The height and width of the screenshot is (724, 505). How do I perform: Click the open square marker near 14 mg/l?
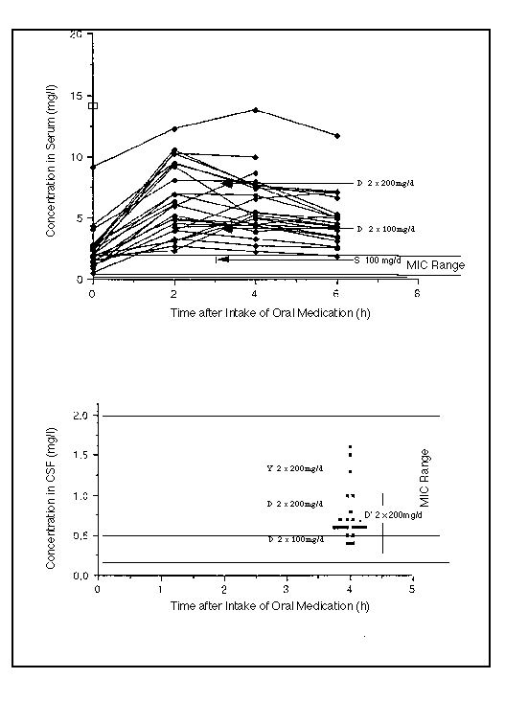pos(93,104)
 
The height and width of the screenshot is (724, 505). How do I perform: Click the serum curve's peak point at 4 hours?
pos(255,110)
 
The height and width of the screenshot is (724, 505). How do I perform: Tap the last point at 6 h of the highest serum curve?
pos(336,136)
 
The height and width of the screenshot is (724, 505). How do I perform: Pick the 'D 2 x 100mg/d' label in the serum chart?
pos(385,230)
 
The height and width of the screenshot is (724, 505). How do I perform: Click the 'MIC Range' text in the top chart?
pos(435,264)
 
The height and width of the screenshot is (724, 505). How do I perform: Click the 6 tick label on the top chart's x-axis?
pos(336,294)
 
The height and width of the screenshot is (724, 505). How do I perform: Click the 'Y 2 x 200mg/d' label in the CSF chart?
pos(295,468)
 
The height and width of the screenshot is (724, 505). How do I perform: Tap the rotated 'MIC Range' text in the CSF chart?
pos(425,477)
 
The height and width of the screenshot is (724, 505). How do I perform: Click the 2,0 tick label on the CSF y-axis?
pos(81,417)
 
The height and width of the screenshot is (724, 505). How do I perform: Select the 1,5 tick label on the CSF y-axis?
pos(81,456)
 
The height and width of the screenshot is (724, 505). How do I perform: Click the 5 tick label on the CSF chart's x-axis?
pos(412,590)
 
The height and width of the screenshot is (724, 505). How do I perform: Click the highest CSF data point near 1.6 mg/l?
pos(351,447)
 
